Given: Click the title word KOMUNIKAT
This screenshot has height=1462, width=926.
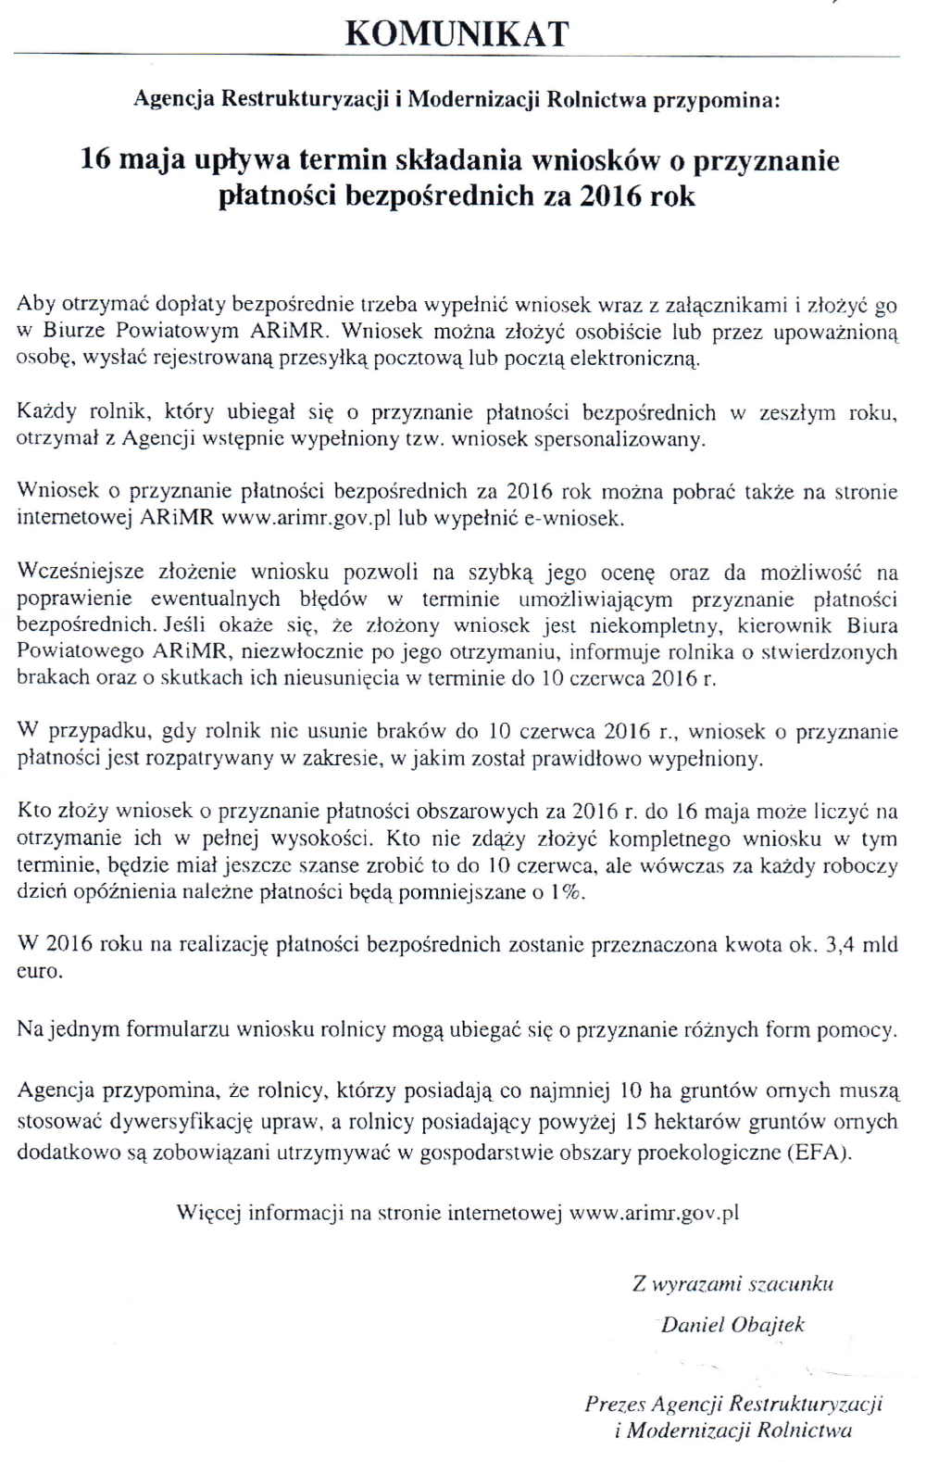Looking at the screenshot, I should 457,33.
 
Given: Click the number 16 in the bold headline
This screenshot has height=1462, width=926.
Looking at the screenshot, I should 96,160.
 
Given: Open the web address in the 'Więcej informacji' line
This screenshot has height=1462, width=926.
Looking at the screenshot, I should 654,1213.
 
